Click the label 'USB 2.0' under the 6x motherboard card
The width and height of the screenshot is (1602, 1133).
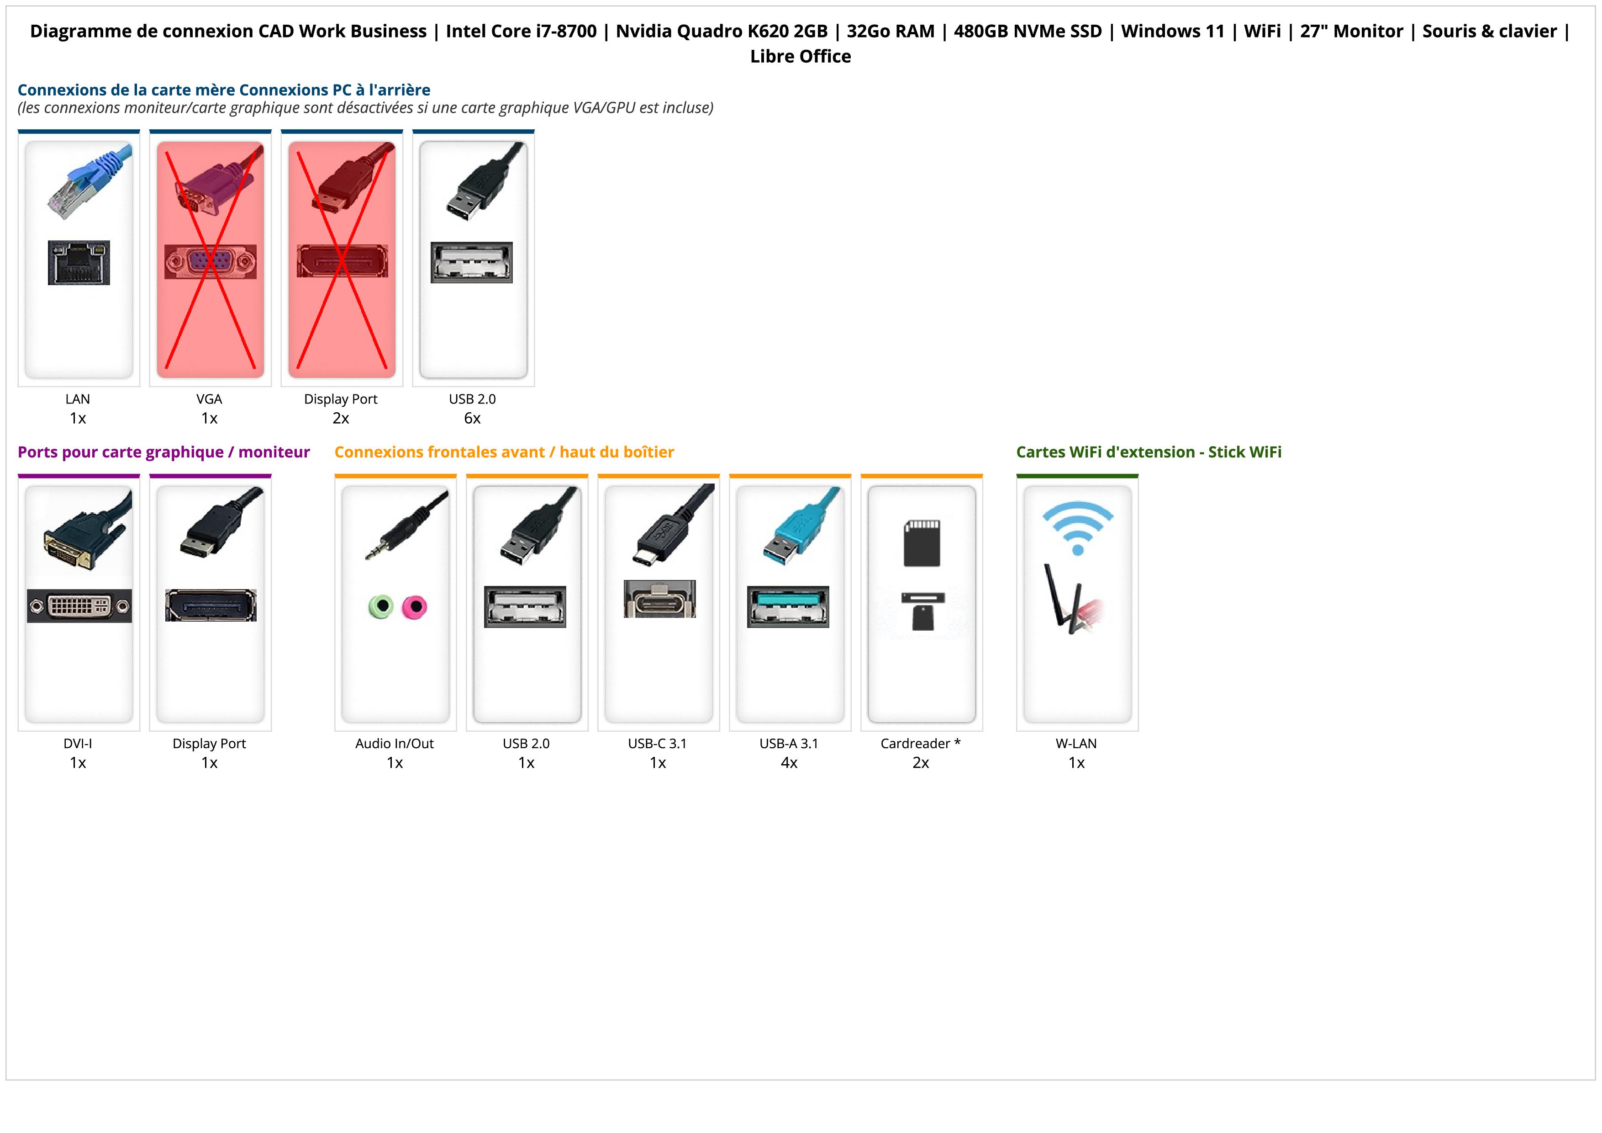(472, 399)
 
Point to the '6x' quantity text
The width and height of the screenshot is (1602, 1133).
(472, 418)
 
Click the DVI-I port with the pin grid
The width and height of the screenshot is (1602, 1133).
(79, 606)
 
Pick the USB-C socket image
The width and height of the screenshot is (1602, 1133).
(659, 599)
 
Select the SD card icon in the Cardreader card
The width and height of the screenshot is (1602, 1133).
(922, 543)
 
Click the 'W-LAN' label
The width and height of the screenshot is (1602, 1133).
(1076, 744)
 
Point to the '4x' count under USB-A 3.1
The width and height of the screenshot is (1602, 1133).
(789, 763)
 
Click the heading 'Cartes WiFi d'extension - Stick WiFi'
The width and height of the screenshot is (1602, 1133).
(1149, 452)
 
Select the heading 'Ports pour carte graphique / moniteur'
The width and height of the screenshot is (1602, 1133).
(163, 452)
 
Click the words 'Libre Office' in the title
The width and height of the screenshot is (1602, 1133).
(800, 57)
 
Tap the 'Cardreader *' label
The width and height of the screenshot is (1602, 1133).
(920, 744)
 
